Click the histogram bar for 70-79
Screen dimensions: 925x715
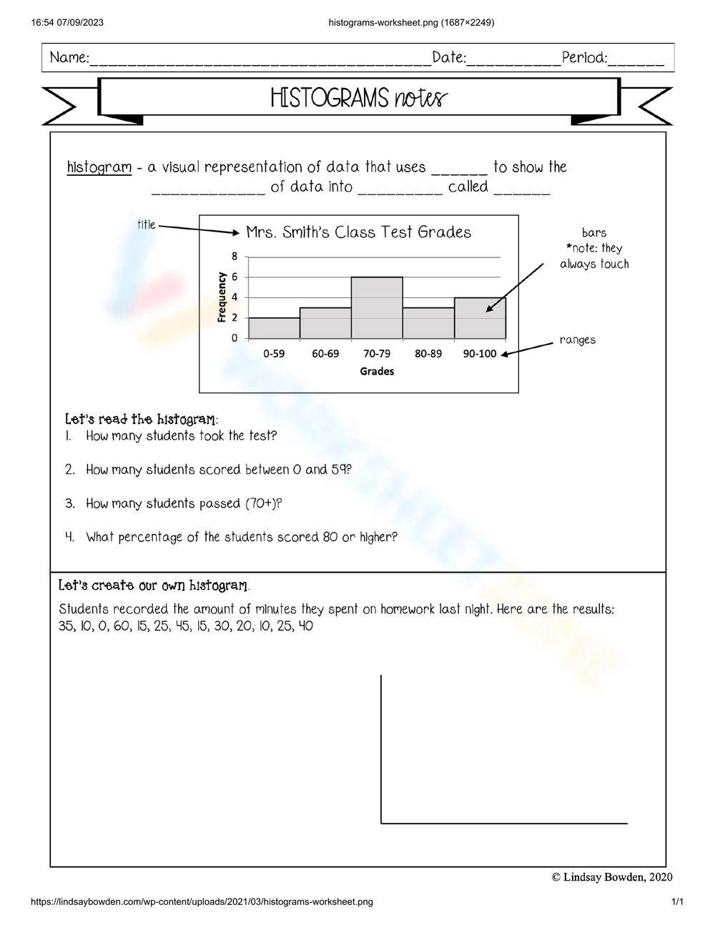(377, 308)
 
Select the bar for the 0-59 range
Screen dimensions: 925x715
(274, 328)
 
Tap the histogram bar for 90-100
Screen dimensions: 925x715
(480, 318)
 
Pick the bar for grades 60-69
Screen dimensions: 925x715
(325, 323)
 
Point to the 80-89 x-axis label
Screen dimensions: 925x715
(428, 354)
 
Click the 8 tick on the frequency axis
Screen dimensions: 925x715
(235, 256)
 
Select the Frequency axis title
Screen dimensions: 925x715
(222, 297)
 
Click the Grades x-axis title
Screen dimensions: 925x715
(377, 371)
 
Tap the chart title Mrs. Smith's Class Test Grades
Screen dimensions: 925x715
(358, 232)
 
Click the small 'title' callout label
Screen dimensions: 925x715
(146, 224)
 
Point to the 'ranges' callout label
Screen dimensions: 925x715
(578, 340)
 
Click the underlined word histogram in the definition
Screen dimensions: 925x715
(99, 167)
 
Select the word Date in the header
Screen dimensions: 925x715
(449, 58)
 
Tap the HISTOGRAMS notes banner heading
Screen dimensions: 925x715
(358, 98)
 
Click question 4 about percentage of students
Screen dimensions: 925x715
(241, 537)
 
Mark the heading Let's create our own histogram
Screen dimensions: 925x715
(154, 586)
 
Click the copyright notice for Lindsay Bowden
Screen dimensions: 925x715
(612, 877)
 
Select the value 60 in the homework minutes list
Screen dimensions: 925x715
(122, 627)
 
